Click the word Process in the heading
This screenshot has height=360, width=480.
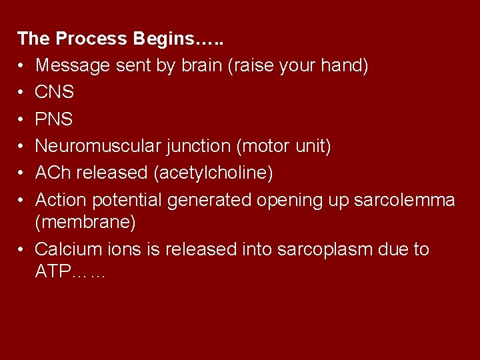point(91,39)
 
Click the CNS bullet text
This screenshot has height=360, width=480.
point(54,92)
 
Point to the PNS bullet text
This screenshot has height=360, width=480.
point(54,119)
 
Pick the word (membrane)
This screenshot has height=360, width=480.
point(85,222)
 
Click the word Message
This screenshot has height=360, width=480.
point(73,65)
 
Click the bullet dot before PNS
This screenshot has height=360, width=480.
point(21,119)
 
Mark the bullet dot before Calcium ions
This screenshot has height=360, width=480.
point(21,250)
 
